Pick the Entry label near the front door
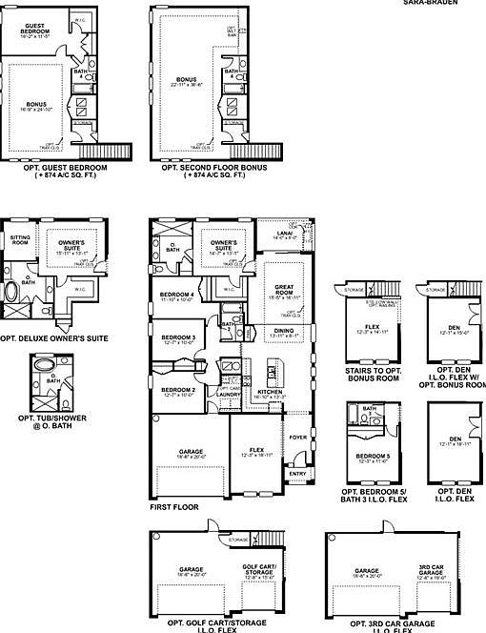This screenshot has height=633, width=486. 296,472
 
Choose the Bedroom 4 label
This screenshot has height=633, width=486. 178,295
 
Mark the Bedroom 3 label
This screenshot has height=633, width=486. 178,338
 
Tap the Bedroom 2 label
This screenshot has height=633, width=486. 178,390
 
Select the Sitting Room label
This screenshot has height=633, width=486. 20,238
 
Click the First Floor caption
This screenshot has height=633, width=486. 174,507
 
